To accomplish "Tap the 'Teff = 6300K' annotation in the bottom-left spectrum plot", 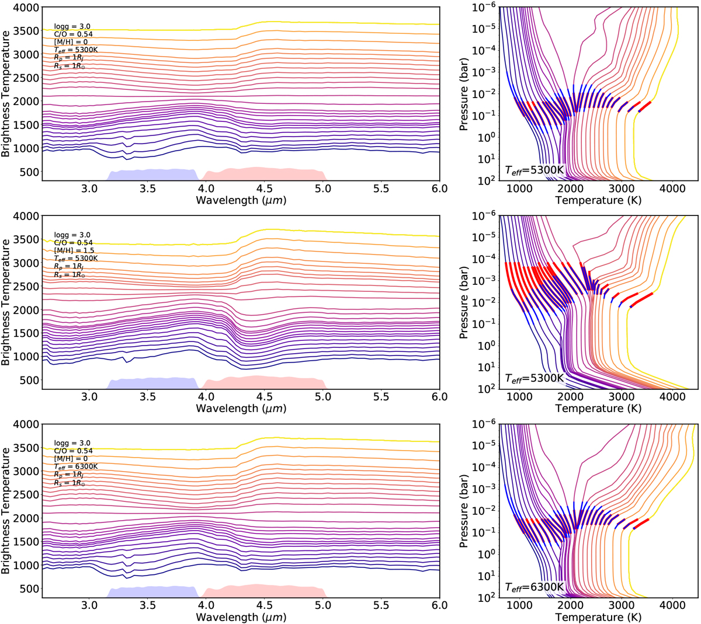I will tap(76, 466).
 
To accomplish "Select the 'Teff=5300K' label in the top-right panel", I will tap(535, 170).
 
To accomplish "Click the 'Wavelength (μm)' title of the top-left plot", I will tap(241, 200).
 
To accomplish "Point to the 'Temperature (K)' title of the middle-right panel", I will tap(598, 409).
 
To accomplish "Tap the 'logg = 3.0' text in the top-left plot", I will tap(72, 26).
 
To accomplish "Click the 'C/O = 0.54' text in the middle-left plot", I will tap(73, 242).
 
